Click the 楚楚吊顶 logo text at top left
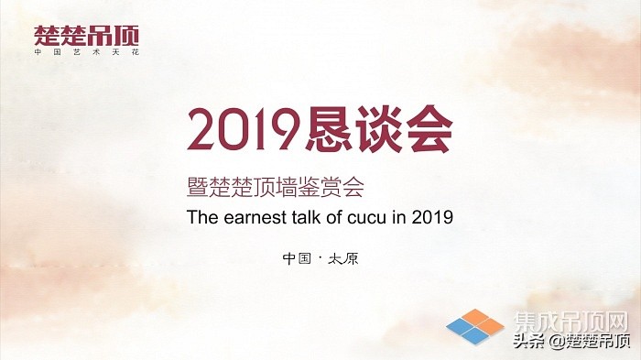pyautogui.click(x=87, y=36)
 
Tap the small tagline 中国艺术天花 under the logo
pyautogui.click(x=87, y=53)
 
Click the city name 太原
pyautogui.click(x=344, y=257)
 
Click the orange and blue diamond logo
pyautogui.click(x=475, y=326)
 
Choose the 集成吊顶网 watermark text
pyautogui.click(x=570, y=322)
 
